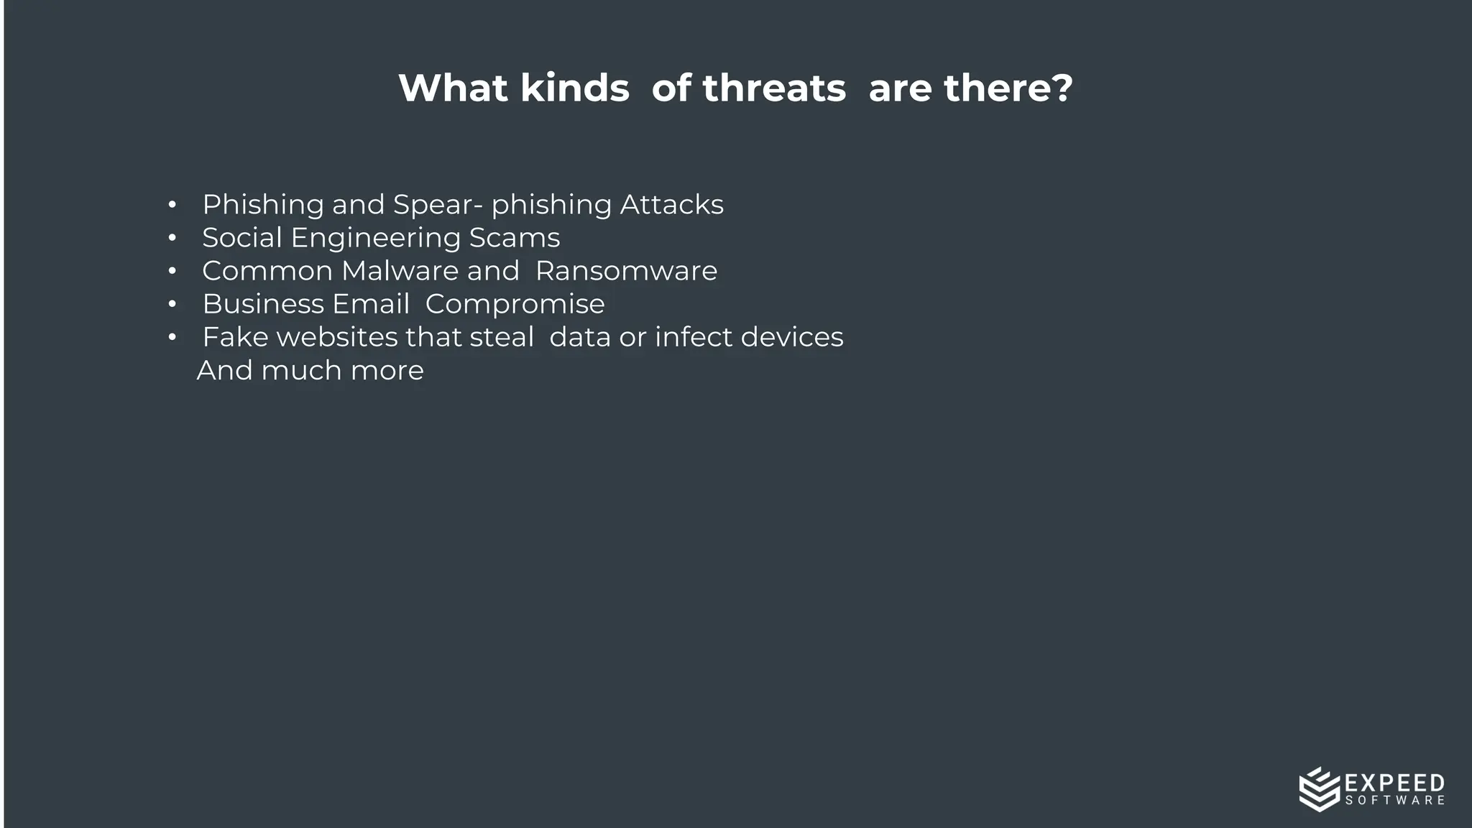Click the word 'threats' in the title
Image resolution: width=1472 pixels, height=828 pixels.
pos(774,88)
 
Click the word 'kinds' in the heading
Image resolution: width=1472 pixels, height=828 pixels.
pos(574,88)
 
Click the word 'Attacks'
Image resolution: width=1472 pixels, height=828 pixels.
pos(671,205)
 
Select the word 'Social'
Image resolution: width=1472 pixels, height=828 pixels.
pos(241,238)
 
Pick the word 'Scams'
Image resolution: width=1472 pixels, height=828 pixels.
pos(514,238)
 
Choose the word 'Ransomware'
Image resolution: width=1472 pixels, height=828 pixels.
pos(626,271)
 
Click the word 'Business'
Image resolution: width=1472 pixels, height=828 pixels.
pos(262,304)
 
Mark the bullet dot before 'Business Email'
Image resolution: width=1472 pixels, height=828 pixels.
pos(172,305)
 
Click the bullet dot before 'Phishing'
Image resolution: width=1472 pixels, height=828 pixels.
pos(172,206)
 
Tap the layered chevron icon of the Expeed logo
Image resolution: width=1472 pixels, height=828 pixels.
pos(1319,789)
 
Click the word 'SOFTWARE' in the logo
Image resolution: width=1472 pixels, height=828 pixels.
pos(1394,801)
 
